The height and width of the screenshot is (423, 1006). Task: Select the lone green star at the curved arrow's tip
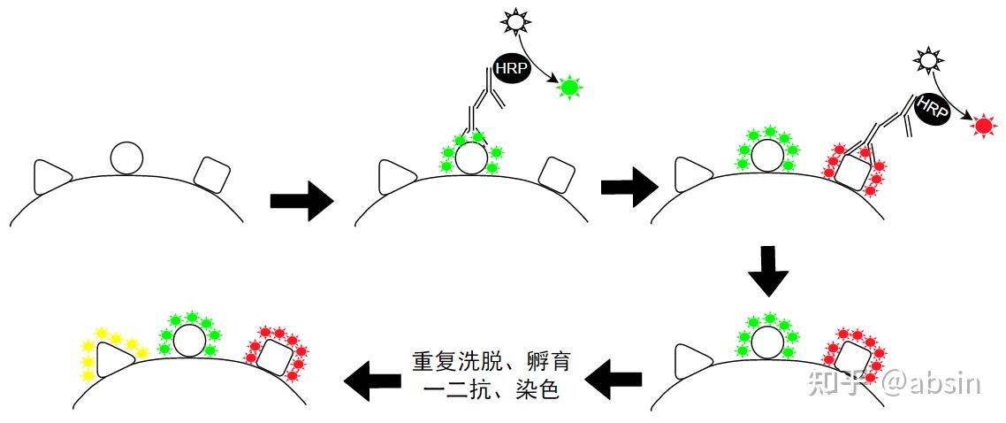569,87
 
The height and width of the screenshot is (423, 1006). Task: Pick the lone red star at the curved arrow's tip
982,126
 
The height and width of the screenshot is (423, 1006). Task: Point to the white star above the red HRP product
926,60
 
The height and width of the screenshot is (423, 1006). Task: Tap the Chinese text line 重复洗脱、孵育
492,362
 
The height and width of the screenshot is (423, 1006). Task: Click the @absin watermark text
930,384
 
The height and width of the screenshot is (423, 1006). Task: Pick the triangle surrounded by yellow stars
113,360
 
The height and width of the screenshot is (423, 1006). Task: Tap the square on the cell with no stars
213,174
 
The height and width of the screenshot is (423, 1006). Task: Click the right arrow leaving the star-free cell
301,203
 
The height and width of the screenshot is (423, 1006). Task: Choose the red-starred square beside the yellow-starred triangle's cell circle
274,358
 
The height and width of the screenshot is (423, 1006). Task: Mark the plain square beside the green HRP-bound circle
557,174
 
